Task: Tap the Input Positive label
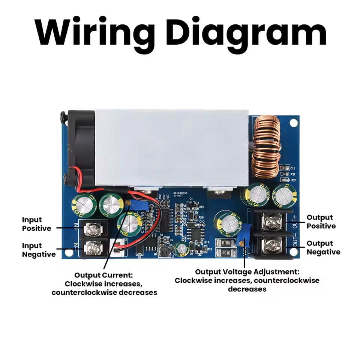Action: pyautogui.click(x=36, y=224)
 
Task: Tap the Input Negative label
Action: pyautogui.click(x=38, y=250)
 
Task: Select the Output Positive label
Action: pyautogui.click(x=321, y=222)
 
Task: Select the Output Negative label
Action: pyautogui.click(x=323, y=247)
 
